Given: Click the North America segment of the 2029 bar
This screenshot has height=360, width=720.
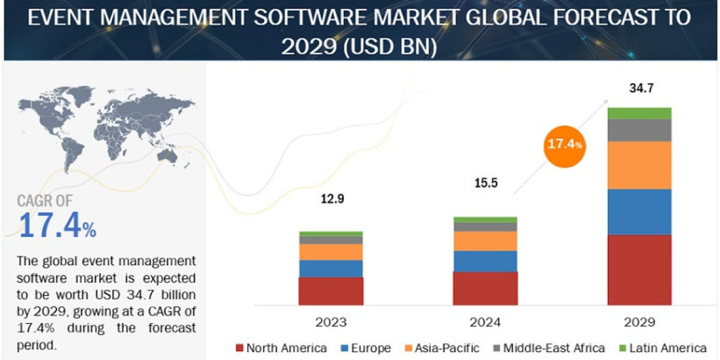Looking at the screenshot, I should pyautogui.click(x=639, y=269).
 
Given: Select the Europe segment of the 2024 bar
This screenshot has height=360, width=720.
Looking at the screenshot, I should pyautogui.click(x=485, y=261).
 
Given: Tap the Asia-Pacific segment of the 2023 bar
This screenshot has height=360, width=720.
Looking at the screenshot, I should pyautogui.click(x=331, y=252).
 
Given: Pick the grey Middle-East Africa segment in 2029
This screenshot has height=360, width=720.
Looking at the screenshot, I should pyautogui.click(x=639, y=130).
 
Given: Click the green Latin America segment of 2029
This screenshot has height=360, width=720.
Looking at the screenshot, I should pyautogui.click(x=639, y=113).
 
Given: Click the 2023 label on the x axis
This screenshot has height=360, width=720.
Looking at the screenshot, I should pyautogui.click(x=331, y=322).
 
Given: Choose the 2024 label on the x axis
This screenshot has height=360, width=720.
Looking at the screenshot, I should pyautogui.click(x=485, y=322).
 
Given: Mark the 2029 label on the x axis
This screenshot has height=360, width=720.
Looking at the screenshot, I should pyautogui.click(x=639, y=322).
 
